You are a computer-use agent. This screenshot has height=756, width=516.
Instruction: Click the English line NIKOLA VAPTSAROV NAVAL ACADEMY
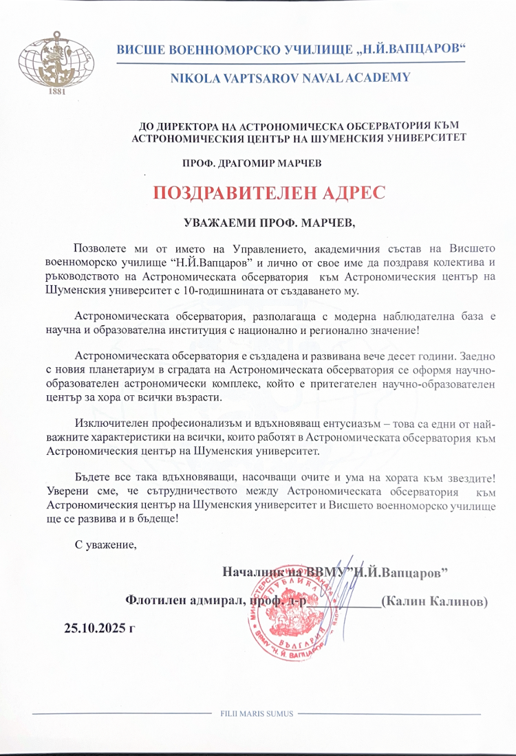pyautogui.click(x=290, y=78)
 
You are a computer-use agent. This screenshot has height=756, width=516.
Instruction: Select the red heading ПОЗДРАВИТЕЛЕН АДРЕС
pyautogui.click(x=266, y=192)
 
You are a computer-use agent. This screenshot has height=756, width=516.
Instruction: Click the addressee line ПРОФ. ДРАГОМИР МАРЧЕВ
pyautogui.click(x=251, y=164)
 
